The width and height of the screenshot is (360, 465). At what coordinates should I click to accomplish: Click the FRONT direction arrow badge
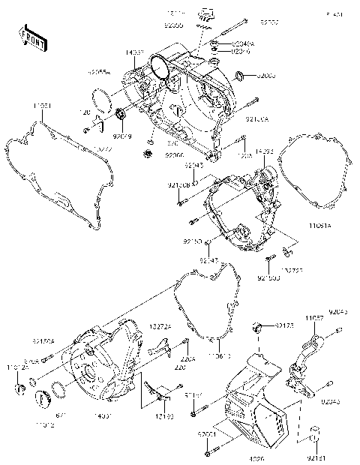pyautogui.click(x=33, y=39)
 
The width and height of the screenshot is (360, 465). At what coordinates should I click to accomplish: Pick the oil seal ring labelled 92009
pyautogui.click(x=241, y=74)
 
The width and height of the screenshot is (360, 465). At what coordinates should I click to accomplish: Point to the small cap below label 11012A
pyautogui.click(x=21, y=388)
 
